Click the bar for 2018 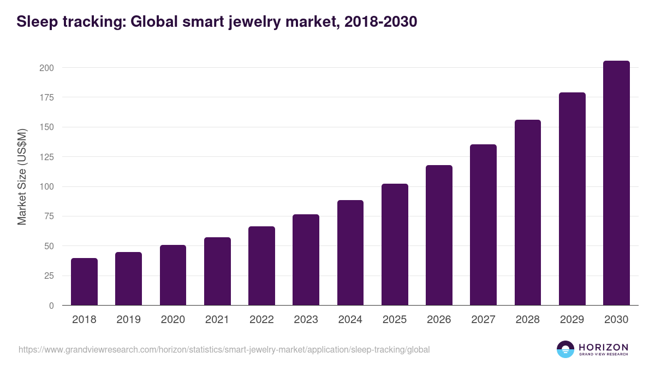pyautogui.click(x=84, y=282)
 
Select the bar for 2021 pyautogui.click(x=217, y=271)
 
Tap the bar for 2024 pyautogui.click(x=350, y=253)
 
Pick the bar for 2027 pyautogui.click(x=483, y=225)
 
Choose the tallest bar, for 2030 pyautogui.click(x=616, y=183)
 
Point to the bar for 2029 pyautogui.click(x=572, y=199)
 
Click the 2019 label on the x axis pyautogui.click(x=128, y=320)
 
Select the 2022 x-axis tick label pyautogui.click(x=261, y=320)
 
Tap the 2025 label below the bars pyautogui.click(x=395, y=320)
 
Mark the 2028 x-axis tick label pyautogui.click(x=528, y=320)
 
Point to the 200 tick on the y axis pyautogui.click(x=46, y=68)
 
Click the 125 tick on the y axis pyautogui.click(x=46, y=157)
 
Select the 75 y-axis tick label pyautogui.click(x=49, y=216)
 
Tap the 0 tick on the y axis pyautogui.click(x=51, y=306)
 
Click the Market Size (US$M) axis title pyautogui.click(x=22, y=177)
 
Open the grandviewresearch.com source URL pyautogui.click(x=224, y=349)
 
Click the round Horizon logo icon pyautogui.click(x=565, y=349)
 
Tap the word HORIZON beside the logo pyautogui.click(x=603, y=347)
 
